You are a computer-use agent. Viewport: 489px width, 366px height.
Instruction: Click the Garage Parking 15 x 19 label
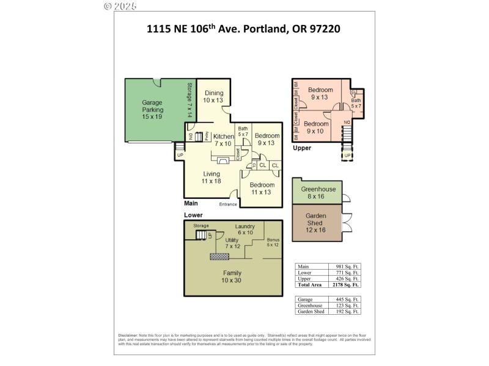point(152,110)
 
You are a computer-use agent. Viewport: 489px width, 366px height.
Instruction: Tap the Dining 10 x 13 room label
point(214,96)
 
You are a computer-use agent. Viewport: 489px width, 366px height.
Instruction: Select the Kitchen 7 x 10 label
point(224,140)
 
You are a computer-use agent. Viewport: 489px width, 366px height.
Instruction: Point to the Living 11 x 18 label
point(211,178)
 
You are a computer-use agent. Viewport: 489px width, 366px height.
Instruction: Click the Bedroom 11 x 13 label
point(261,188)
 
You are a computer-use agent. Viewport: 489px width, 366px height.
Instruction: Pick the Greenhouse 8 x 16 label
point(314,193)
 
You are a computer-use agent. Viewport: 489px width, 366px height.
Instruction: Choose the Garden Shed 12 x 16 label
point(315,223)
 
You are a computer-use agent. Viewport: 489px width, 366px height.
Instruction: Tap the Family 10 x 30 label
point(232,276)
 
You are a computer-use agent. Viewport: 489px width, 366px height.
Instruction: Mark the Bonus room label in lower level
point(273,242)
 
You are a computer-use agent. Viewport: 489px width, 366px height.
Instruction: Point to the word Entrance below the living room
point(228,204)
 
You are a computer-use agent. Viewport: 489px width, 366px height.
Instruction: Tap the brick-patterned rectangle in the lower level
point(219,257)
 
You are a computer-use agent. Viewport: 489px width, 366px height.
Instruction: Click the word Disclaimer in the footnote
point(128,335)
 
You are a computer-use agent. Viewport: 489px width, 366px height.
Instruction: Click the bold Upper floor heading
point(302,148)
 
